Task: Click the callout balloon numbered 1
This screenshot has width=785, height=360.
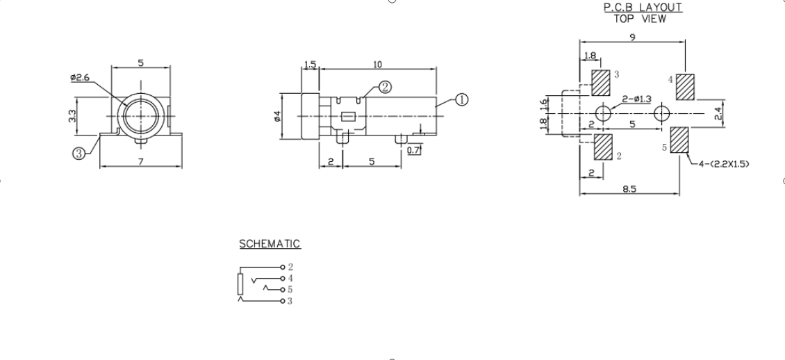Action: click(x=461, y=99)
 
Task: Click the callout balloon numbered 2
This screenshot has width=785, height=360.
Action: click(x=384, y=87)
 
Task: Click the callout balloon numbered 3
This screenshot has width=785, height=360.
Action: click(x=79, y=154)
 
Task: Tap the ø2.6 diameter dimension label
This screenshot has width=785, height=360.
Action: click(x=80, y=78)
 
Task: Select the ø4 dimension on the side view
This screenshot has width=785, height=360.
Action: click(x=277, y=116)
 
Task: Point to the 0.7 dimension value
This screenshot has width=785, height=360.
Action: click(x=413, y=150)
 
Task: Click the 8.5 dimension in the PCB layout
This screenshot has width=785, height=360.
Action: click(x=630, y=189)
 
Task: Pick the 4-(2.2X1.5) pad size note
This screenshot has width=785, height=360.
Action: click(x=724, y=164)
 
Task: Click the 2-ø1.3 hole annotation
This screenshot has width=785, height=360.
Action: click(x=637, y=99)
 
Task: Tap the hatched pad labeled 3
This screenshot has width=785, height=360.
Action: click(x=601, y=83)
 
